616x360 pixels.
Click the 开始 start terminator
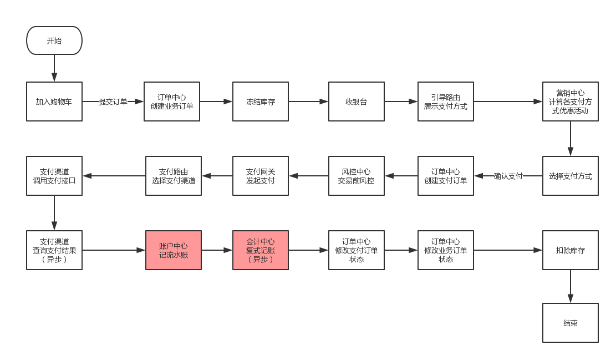click(x=54, y=40)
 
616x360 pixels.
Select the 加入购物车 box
click(x=54, y=102)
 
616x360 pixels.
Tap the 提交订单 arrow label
click(x=113, y=102)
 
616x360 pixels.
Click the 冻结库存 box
click(x=261, y=102)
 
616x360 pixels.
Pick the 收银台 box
click(x=357, y=102)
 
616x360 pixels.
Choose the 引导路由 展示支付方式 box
click(x=446, y=102)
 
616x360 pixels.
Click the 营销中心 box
click(x=571, y=102)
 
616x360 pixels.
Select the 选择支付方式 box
click(x=571, y=176)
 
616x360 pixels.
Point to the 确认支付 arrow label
click(x=508, y=176)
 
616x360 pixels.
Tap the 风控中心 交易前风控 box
click(x=357, y=176)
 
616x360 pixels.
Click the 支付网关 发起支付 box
click(x=261, y=176)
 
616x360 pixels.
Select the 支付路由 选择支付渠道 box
click(x=174, y=176)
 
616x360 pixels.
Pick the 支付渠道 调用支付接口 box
click(x=54, y=176)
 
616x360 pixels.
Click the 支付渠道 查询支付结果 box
click(x=54, y=250)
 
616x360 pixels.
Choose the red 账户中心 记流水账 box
click(x=174, y=250)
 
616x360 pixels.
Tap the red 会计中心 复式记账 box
click(x=261, y=250)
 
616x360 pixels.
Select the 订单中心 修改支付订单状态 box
click(x=357, y=250)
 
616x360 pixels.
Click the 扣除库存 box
click(x=571, y=250)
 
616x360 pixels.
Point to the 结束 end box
click(x=571, y=323)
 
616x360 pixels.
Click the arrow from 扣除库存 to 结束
click(x=571, y=286)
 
